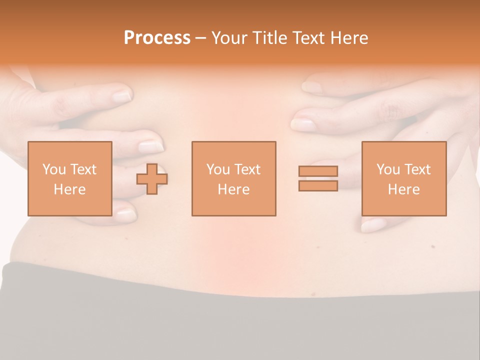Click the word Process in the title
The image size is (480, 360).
[x=157, y=38]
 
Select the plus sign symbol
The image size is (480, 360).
[x=152, y=179]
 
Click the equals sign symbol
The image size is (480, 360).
[x=318, y=178]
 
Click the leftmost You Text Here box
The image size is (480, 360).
[x=69, y=178]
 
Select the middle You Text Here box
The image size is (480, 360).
[x=233, y=178]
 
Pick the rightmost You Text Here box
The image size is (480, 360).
[x=403, y=178]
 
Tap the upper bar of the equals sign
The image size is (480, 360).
[x=318, y=171]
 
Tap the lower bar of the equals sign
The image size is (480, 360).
[x=318, y=185]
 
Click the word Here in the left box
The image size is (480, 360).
[x=69, y=189]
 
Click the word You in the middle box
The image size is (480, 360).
[x=217, y=169]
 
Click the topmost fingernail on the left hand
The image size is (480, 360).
[x=121, y=95]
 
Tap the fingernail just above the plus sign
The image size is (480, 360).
[x=150, y=146]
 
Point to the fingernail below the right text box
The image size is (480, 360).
[x=373, y=225]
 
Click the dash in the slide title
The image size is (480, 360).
[x=201, y=38]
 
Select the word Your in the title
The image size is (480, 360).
[x=230, y=38]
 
